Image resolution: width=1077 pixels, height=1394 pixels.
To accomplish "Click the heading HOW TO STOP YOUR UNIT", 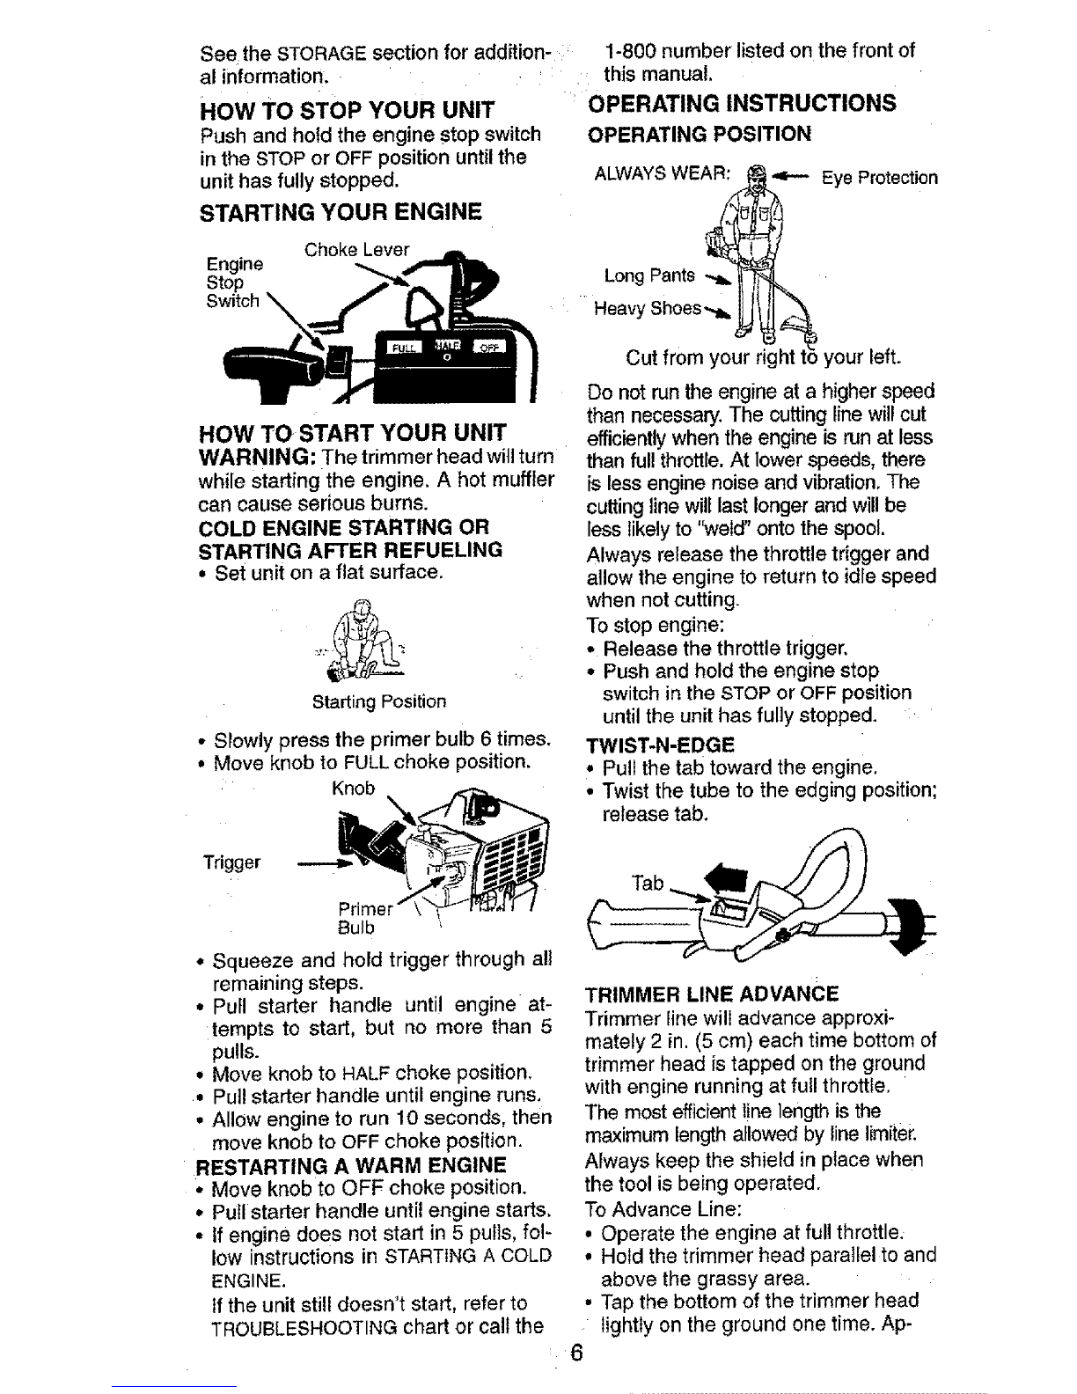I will tap(348, 112).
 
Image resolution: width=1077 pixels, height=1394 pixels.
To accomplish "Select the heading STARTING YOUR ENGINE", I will tap(341, 212).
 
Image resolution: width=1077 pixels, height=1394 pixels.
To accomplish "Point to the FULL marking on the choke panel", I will tap(402, 346).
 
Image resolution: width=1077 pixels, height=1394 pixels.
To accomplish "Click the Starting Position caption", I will tap(379, 702).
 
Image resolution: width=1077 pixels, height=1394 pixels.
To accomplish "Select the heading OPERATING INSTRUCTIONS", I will tap(741, 103).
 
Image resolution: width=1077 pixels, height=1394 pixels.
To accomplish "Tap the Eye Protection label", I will tap(878, 178).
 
